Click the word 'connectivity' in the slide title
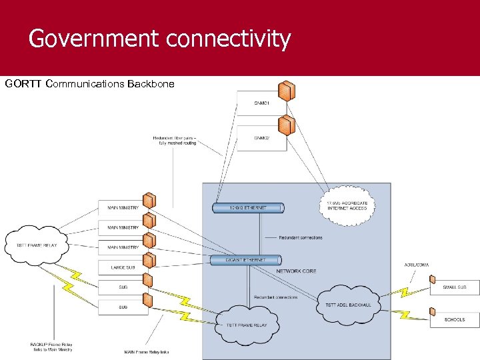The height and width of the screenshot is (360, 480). pyautogui.click(x=229, y=39)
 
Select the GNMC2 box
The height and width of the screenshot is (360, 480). pyautogui.click(x=261, y=138)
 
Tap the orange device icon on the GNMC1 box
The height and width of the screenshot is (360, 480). pyautogui.click(x=287, y=89)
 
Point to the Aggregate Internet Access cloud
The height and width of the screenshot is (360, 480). pyautogui.click(x=347, y=205)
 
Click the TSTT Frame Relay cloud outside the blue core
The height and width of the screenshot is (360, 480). pyautogui.click(x=37, y=245)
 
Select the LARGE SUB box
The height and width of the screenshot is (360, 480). pyautogui.click(x=123, y=267)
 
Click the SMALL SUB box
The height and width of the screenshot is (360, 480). pyautogui.click(x=454, y=287)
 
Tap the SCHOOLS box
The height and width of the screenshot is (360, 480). pyautogui.click(x=454, y=319)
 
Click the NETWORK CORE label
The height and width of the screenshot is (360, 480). pyautogui.click(x=296, y=271)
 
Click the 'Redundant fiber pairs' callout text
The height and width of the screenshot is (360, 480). pyautogui.click(x=174, y=141)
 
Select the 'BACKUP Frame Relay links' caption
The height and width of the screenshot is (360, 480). pyautogui.click(x=51, y=347)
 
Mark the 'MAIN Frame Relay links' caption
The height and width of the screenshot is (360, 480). pyautogui.click(x=147, y=352)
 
